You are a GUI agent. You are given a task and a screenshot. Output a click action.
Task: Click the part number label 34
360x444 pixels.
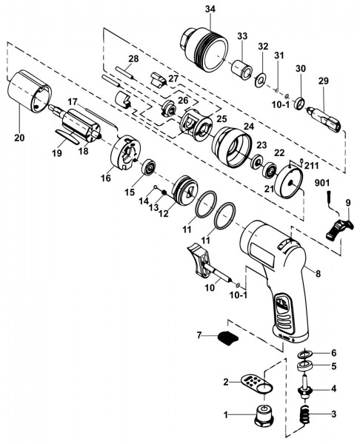click(210, 10)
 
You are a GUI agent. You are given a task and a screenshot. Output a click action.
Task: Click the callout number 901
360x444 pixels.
click(321, 183)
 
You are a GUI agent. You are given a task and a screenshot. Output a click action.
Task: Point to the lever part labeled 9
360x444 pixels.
click(339, 229)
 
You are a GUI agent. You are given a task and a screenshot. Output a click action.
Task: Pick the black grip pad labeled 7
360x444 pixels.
click(227, 337)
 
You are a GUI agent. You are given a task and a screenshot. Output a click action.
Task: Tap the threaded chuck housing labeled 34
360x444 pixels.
click(204, 50)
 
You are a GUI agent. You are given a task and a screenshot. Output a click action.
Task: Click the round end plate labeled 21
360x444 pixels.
click(289, 184)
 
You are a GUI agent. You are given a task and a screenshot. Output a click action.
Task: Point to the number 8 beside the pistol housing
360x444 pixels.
click(318, 274)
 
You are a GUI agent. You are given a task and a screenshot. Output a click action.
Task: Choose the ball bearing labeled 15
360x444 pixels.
click(148, 168)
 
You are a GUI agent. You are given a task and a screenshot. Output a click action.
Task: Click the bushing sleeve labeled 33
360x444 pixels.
click(241, 70)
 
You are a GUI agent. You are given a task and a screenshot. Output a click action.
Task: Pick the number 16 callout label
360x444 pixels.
click(106, 178)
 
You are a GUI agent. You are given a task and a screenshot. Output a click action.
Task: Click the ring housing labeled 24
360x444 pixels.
click(232, 146)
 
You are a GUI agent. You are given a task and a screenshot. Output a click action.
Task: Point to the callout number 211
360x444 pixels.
click(312, 165)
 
